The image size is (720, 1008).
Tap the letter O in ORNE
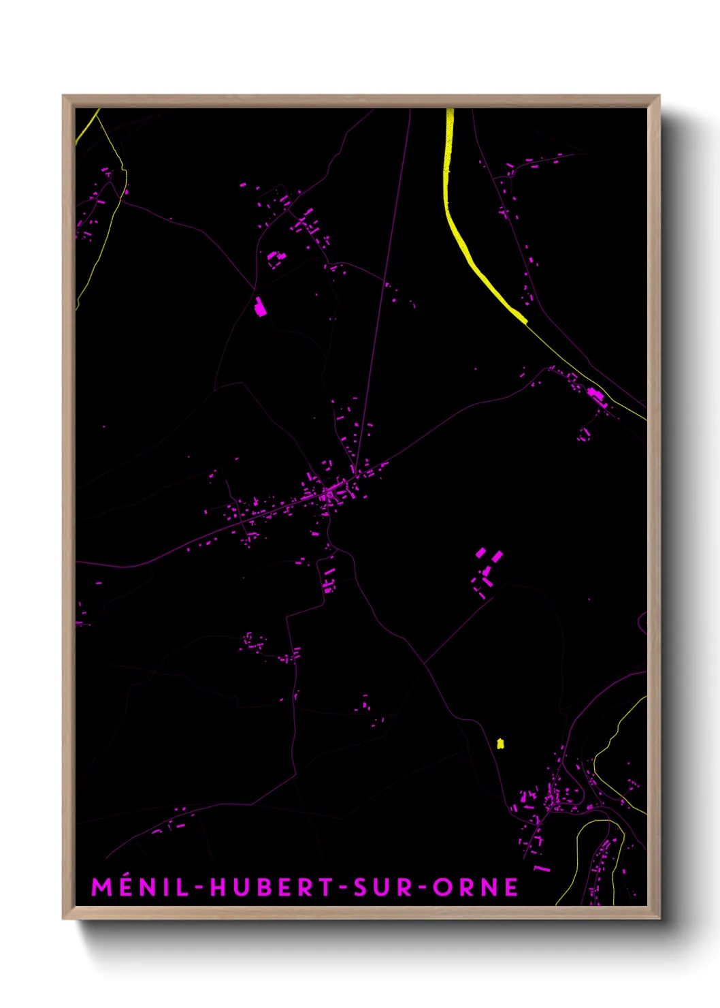[442, 887]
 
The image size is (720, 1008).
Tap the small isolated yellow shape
[500, 743]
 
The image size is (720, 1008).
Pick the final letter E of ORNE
[511, 887]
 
